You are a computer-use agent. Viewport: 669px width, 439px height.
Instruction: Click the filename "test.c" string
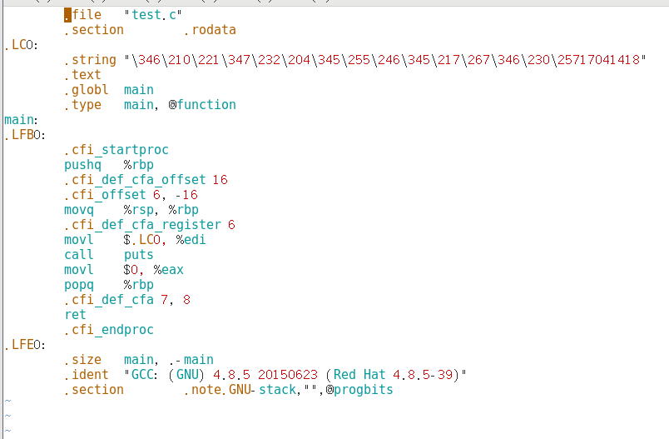pos(154,15)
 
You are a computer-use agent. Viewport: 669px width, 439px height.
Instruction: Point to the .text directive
pos(82,75)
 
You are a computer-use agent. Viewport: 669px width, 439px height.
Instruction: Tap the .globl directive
pos(87,90)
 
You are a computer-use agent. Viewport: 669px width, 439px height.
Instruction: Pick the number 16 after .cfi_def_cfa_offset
pos(221,180)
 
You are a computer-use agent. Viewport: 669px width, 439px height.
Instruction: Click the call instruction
pos(79,255)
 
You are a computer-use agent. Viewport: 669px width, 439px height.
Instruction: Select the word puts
pos(139,255)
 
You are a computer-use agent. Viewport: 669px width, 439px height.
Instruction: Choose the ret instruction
pos(75,315)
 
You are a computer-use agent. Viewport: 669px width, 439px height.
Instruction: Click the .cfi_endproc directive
pos(109,330)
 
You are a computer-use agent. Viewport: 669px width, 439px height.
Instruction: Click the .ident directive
pos(87,375)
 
